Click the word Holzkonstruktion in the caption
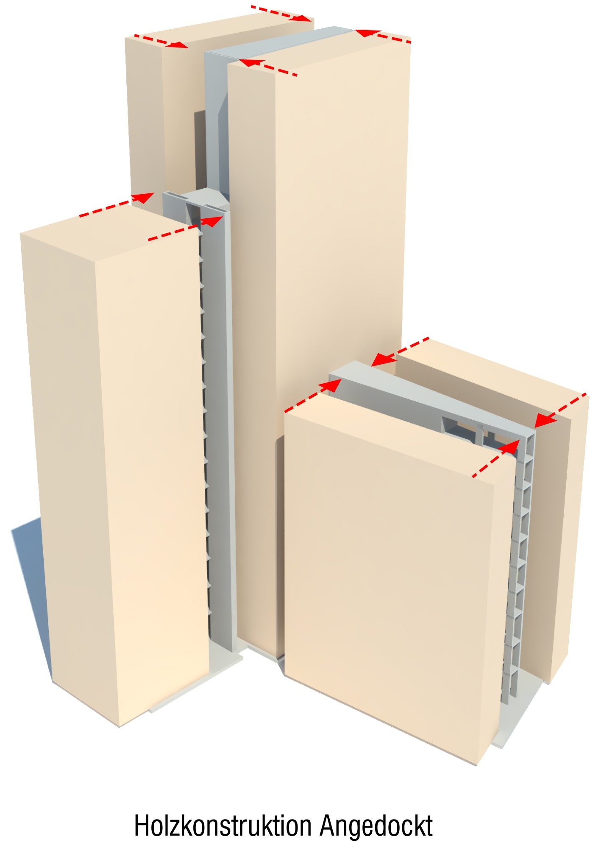223,826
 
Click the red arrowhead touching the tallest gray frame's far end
367,33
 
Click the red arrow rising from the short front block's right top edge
496,458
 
